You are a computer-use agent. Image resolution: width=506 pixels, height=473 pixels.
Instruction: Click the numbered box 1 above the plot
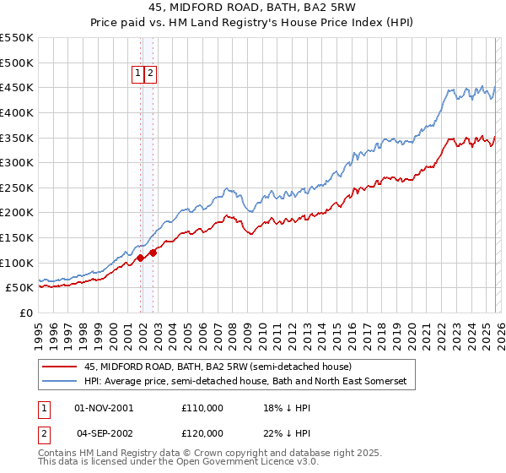[x=137, y=73]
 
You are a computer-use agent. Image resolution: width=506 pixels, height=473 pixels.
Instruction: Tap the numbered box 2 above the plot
[x=150, y=73]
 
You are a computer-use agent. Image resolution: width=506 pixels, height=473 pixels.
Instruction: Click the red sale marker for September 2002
[x=153, y=252]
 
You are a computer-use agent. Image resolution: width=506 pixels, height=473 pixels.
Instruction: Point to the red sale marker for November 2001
[x=140, y=258]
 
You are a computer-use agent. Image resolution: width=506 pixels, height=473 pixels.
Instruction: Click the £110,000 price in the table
[x=202, y=408]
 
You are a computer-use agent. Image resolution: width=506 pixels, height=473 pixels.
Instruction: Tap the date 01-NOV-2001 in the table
[x=104, y=408]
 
